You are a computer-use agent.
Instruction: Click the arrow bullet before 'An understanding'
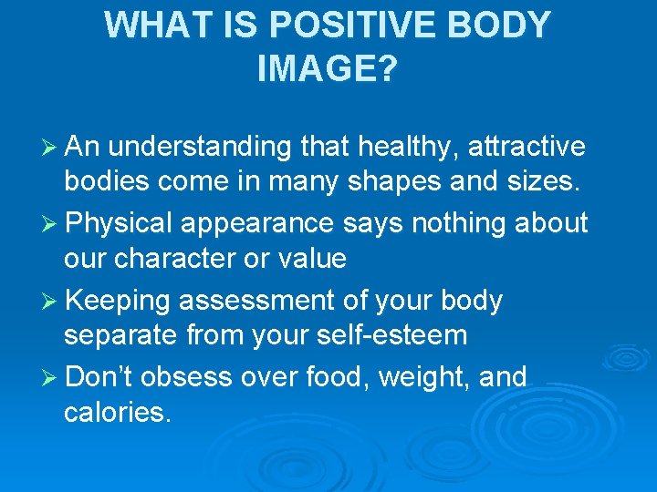[x=48, y=148]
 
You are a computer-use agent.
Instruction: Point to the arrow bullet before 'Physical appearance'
[x=48, y=223]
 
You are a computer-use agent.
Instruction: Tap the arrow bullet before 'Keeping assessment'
[x=48, y=301]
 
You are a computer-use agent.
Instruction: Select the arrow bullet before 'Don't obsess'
[x=48, y=377]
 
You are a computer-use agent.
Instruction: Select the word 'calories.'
[x=117, y=413]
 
